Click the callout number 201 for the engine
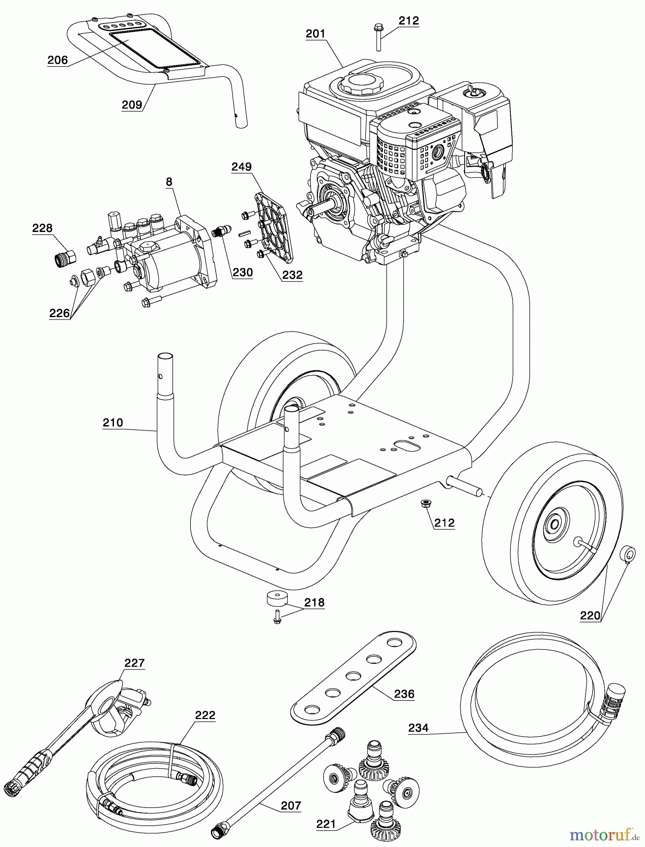[315, 34]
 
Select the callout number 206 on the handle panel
[57, 60]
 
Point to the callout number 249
[242, 167]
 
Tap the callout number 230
[243, 272]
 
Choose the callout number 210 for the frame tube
[113, 423]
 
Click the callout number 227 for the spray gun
[135, 663]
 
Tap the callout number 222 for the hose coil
[205, 715]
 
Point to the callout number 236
[404, 694]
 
